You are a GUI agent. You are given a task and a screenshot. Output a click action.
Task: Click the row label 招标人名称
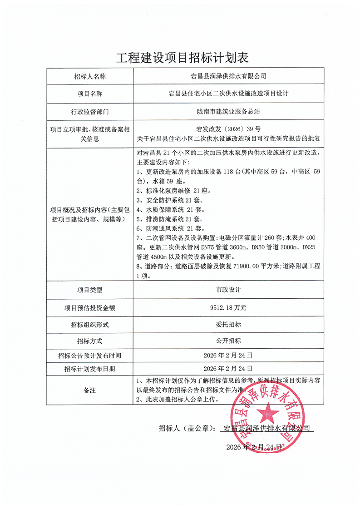point(90,76)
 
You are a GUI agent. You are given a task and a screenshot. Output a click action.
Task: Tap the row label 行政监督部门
point(90,111)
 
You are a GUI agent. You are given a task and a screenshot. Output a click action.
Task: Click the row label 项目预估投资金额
point(90,307)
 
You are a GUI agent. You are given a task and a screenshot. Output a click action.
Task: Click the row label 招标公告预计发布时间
point(90,355)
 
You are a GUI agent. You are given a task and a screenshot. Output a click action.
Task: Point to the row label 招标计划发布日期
point(90,368)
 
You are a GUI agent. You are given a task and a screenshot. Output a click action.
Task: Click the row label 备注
point(90,390)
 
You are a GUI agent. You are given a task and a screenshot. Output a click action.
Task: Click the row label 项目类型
point(90,290)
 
